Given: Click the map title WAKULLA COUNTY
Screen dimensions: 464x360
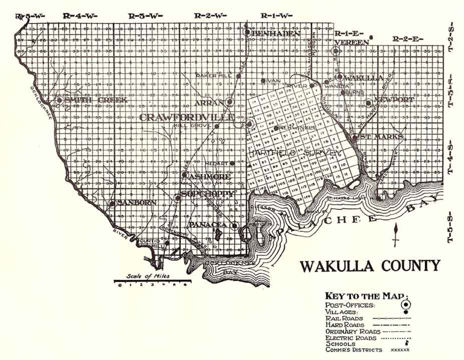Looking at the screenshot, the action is pyautogui.click(x=370, y=266).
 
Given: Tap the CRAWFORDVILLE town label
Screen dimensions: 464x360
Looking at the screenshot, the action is pyautogui.click(x=187, y=117).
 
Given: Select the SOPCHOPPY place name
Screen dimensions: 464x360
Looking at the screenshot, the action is pyautogui.click(x=208, y=194).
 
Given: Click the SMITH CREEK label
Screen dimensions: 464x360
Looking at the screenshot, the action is pyautogui.click(x=96, y=100).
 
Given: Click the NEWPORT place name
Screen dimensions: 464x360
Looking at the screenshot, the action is pyautogui.click(x=394, y=100).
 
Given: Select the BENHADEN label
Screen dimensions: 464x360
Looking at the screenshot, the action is pyautogui.click(x=276, y=34).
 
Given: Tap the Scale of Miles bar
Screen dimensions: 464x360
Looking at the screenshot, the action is pyautogui.click(x=152, y=281).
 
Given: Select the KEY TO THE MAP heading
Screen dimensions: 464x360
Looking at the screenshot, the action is pyautogui.click(x=367, y=296).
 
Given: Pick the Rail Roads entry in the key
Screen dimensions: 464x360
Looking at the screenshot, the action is pyautogui.click(x=344, y=318).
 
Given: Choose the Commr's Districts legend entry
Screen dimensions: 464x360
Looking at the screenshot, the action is pyautogui.click(x=354, y=350).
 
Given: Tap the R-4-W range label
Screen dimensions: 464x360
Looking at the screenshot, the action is pyautogui.click(x=80, y=16).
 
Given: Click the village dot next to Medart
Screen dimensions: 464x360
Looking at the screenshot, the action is pyautogui.click(x=232, y=163).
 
